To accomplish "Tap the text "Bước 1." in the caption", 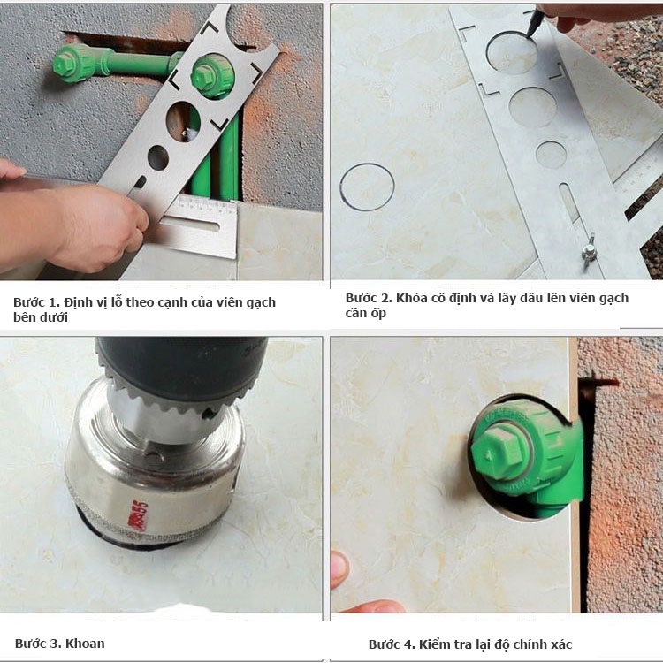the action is [x=36, y=302].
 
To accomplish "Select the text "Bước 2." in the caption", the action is [x=369, y=298].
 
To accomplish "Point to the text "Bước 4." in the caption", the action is [x=392, y=644].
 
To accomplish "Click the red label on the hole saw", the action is [x=138, y=515].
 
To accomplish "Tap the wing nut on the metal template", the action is [x=588, y=252].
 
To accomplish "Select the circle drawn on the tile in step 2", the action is [x=367, y=187].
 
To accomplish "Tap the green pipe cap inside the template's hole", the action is [x=211, y=75].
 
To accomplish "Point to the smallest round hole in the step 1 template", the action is [x=157, y=157].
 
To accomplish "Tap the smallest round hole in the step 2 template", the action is [x=551, y=155].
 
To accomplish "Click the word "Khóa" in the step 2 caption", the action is [x=409, y=298].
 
